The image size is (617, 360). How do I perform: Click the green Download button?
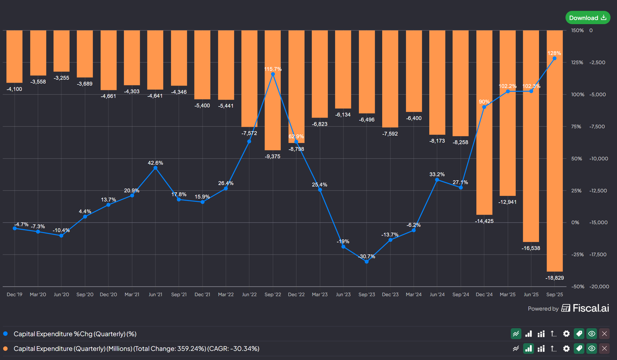tap(588, 18)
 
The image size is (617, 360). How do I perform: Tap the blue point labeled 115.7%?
tap(273, 74)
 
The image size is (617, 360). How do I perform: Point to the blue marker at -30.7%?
tap(367, 262)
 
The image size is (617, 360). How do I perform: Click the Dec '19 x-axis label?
tap(14, 294)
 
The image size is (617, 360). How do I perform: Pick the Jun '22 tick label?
tap(249, 294)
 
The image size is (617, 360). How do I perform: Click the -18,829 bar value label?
tap(555, 278)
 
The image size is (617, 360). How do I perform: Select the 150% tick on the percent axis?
tap(577, 30)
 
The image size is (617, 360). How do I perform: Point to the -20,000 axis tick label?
tap(599, 286)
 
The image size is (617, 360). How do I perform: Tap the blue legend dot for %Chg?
tap(5, 334)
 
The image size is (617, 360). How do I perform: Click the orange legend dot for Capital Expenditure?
tap(5, 349)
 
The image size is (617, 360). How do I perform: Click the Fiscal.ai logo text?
tap(591, 308)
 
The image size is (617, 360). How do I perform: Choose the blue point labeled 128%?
tap(555, 59)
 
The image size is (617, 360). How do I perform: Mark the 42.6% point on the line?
tap(155, 168)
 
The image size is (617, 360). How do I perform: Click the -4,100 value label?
tap(14, 89)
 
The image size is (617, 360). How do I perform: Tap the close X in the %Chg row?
tap(604, 334)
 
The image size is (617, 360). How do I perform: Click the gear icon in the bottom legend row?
tap(566, 349)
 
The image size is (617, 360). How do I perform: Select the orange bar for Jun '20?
tap(61, 51)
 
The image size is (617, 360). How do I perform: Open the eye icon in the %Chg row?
tap(592, 334)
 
